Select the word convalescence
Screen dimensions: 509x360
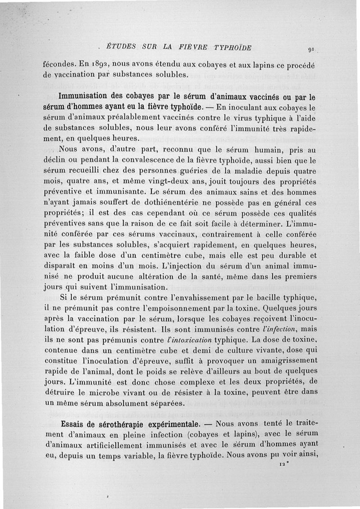click(138, 160)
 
